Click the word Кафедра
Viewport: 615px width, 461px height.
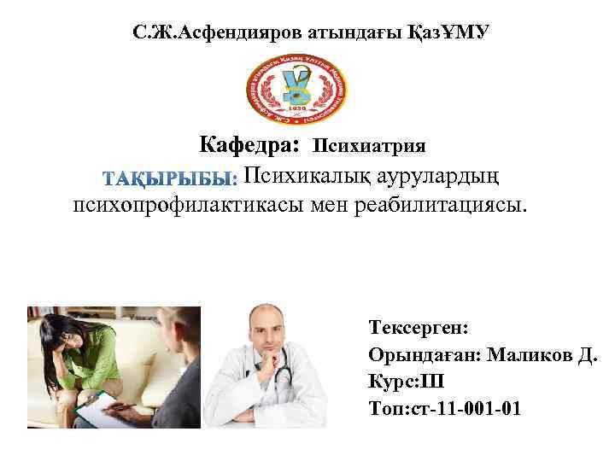249,145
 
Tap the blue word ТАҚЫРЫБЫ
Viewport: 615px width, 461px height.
170,179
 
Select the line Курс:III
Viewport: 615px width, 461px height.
407,381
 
